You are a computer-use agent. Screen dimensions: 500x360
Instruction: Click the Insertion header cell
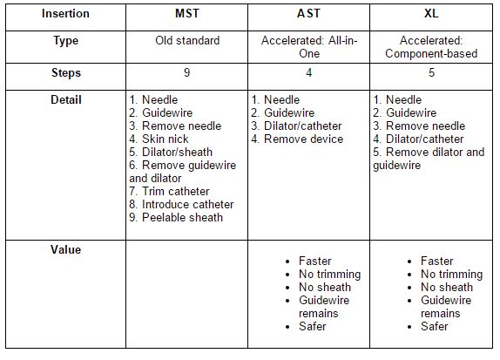click(65, 14)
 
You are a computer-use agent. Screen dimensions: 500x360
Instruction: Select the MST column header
click(186, 14)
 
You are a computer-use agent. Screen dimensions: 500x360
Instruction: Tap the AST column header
click(308, 14)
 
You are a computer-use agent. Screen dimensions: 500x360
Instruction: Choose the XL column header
click(430, 14)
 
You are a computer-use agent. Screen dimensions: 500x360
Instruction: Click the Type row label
click(65, 41)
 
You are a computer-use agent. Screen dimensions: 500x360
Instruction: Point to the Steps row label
click(65, 73)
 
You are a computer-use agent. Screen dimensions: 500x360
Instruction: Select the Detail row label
click(65, 99)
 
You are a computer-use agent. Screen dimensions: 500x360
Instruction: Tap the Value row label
click(65, 249)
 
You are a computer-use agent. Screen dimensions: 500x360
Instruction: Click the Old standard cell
click(186, 41)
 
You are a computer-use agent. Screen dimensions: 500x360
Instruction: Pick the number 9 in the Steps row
click(186, 73)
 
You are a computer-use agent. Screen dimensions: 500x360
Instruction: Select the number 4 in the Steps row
click(308, 73)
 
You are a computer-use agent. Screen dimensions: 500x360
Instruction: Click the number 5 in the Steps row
click(430, 73)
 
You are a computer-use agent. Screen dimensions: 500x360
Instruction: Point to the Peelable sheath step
click(175, 217)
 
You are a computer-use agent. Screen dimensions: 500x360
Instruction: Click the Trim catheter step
click(169, 191)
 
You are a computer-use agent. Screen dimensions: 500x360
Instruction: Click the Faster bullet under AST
click(314, 261)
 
